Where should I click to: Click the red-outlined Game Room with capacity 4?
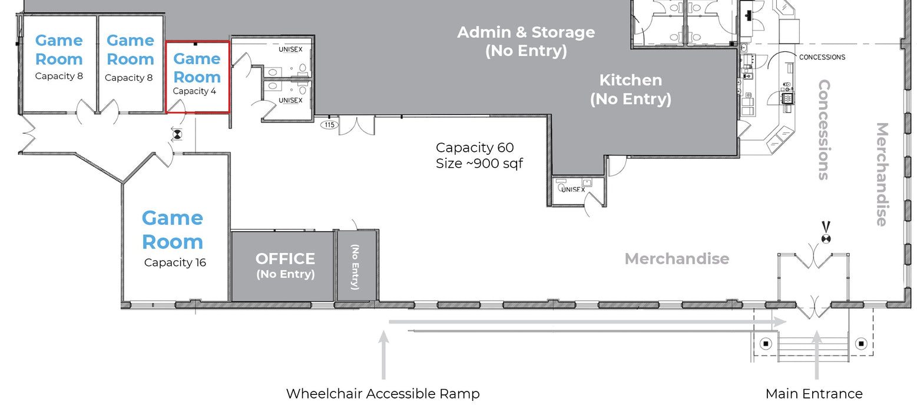tap(197, 77)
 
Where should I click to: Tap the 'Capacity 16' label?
tap(175, 263)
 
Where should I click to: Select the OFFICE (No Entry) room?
tap(283, 266)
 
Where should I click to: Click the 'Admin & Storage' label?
tap(526, 32)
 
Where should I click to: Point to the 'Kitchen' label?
tap(630, 80)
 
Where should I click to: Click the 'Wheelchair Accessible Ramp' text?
tap(383, 394)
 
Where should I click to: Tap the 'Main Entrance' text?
tap(814, 394)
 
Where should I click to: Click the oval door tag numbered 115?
tap(330, 125)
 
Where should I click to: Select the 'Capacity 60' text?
tap(475, 147)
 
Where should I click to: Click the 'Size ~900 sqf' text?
tap(479, 163)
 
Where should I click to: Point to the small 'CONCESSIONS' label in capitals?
tap(822, 57)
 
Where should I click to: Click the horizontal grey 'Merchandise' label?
tap(677, 258)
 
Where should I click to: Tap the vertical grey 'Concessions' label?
tap(824, 129)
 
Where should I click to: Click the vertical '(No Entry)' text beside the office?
tap(355, 267)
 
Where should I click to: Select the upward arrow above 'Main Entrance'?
tap(817, 355)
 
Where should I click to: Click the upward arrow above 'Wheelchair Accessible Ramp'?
tap(383, 355)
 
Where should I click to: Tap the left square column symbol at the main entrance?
tap(766, 344)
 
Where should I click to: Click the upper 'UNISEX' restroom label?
tap(290, 49)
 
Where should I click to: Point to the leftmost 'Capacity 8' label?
tap(59, 76)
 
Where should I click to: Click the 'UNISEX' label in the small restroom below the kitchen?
tap(572, 190)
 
